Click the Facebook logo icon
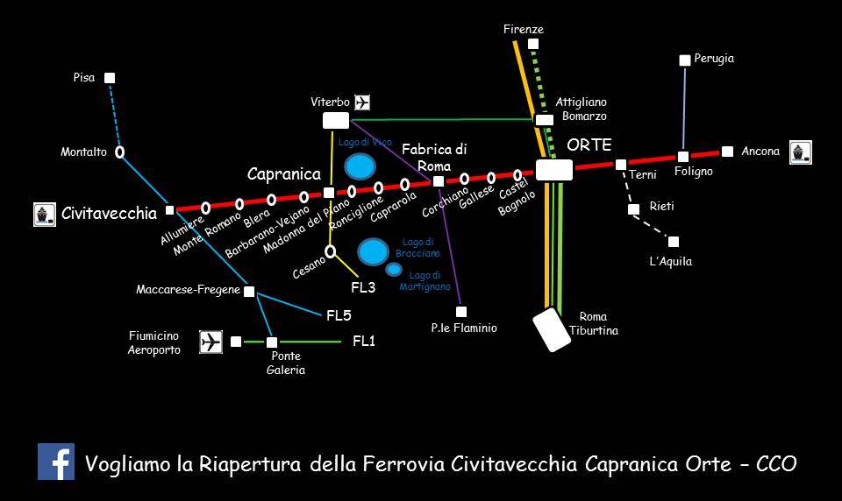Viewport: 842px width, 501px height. click(55, 462)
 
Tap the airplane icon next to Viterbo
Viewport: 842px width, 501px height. click(362, 102)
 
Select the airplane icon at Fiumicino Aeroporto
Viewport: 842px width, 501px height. click(211, 342)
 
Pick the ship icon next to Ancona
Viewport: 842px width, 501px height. click(800, 152)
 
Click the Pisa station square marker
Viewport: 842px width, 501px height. click(110, 78)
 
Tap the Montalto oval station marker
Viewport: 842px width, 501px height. click(119, 152)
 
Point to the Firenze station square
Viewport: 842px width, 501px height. click(533, 44)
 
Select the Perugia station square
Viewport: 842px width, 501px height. click(685, 60)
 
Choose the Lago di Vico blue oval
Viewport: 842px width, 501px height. click(359, 166)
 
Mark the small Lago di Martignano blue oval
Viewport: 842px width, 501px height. click(394, 269)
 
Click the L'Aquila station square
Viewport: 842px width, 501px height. click(674, 242)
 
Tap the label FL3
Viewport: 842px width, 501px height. click(363, 287)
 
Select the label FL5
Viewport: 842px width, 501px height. click(339, 315)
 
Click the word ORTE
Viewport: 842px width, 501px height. click(589, 145)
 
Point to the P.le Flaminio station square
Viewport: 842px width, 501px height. click(461, 312)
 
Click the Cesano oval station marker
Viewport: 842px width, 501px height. click(331, 252)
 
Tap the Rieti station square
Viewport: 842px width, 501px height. click(633, 209)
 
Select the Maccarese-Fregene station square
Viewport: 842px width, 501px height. click(249, 292)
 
